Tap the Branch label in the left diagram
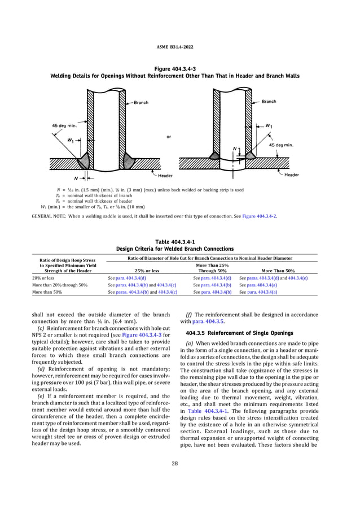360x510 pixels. point(141,103)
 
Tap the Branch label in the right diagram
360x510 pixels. point(269,102)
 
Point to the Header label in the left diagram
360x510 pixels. point(165,176)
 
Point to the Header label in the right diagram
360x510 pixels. point(291,175)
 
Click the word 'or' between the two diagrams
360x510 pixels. point(169,136)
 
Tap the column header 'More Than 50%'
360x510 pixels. point(274,271)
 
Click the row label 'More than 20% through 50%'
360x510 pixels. point(59,285)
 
